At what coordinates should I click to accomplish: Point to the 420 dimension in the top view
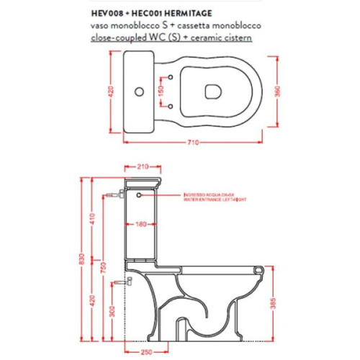(112, 92)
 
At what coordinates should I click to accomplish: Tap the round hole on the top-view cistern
(140, 92)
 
